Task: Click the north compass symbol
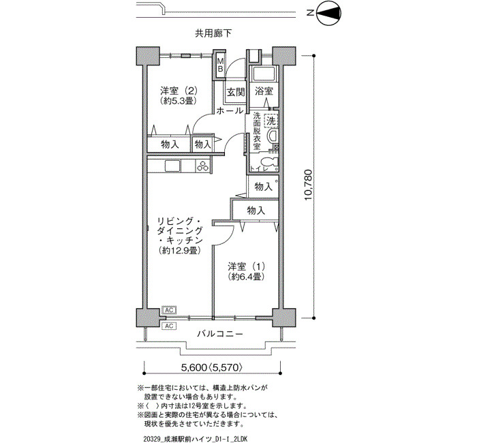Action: pyautogui.click(x=329, y=14)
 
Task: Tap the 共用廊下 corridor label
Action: pyautogui.click(x=213, y=33)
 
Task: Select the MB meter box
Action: pyautogui.click(x=220, y=65)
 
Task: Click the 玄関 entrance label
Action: pyautogui.click(x=236, y=92)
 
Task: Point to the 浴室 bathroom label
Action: pyautogui.click(x=264, y=91)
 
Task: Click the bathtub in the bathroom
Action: pyautogui.click(x=264, y=74)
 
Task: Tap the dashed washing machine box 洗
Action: pyautogui.click(x=271, y=121)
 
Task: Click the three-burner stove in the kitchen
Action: pyautogui.click(x=203, y=166)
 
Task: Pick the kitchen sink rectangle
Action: pyautogui.click(x=172, y=166)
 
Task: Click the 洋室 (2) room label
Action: pyautogui.click(x=179, y=91)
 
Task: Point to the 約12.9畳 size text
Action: pyautogui.click(x=179, y=250)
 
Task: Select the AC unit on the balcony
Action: pyautogui.click(x=169, y=326)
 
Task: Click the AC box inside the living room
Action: pyautogui.click(x=169, y=310)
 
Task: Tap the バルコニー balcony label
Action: pyautogui.click(x=220, y=334)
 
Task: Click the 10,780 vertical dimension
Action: pyautogui.click(x=308, y=185)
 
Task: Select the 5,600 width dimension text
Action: pyautogui.click(x=194, y=367)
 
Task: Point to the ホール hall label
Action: pyautogui.click(x=230, y=110)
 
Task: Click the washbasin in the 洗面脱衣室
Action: pyautogui.click(x=272, y=136)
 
